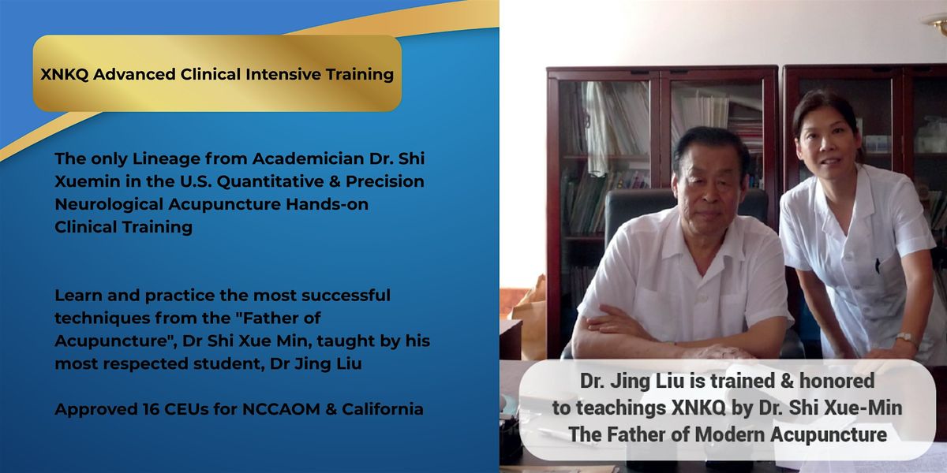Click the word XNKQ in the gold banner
(x=64, y=74)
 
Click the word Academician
(x=309, y=158)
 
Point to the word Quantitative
(x=271, y=181)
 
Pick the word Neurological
(x=109, y=205)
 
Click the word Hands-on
(x=327, y=204)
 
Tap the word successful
(x=346, y=295)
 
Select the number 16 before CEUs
(x=150, y=409)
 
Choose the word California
(x=383, y=409)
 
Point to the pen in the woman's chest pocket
(x=878, y=265)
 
